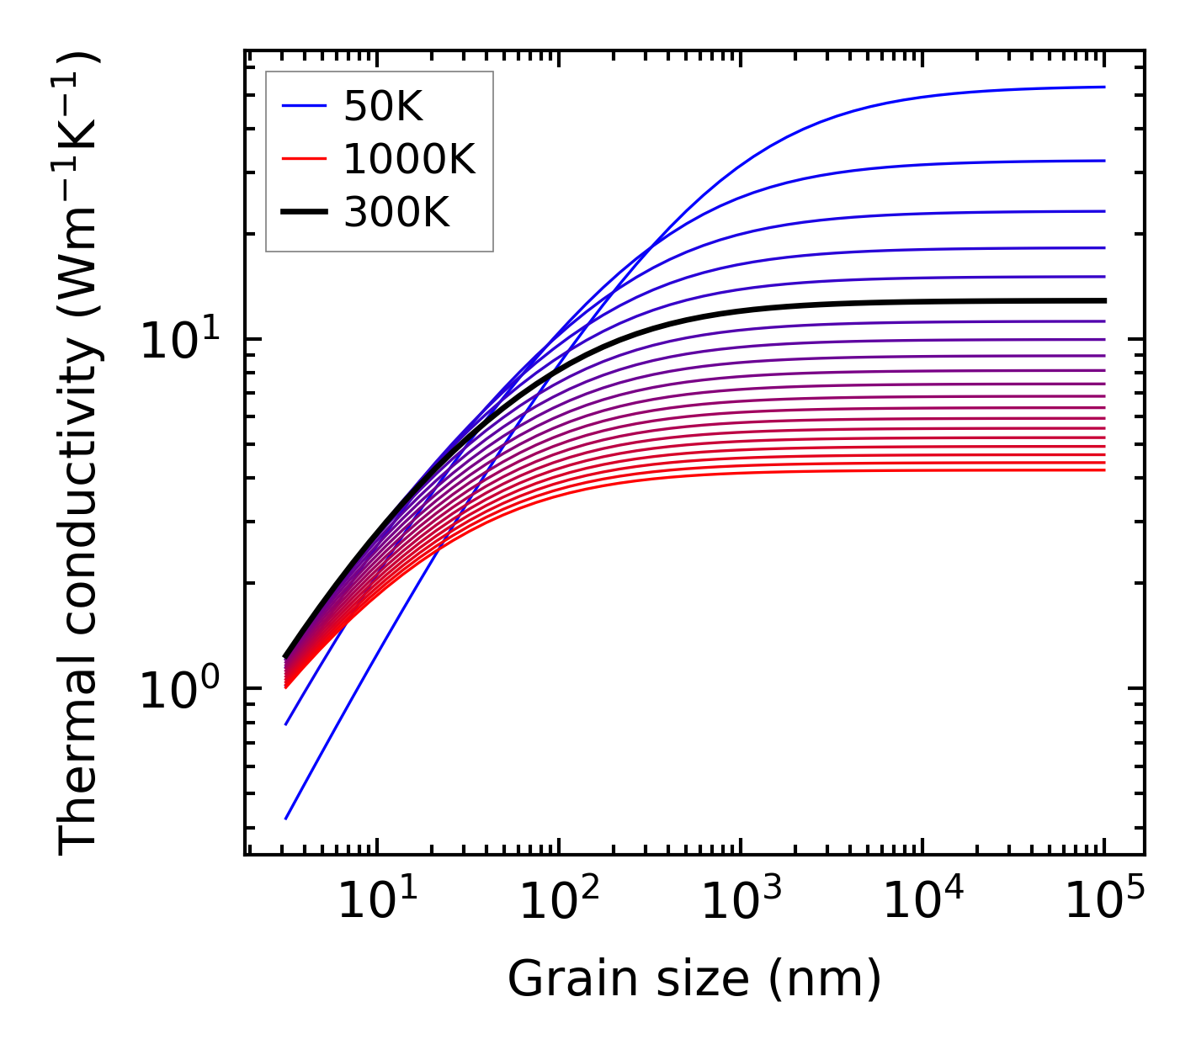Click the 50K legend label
(x=383, y=106)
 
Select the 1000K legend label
(x=409, y=159)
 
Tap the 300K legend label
(x=396, y=213)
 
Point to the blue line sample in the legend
(x=303, y=106)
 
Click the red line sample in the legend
(x=303, y=159)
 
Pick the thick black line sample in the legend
(x=303, y=213)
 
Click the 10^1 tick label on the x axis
(x=376, y=904)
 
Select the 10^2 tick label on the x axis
(x=558, y=904)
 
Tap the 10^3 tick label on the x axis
(x=740, y=904)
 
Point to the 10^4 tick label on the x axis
(x=922, y=904)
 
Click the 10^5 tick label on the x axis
(x=1104, y=904)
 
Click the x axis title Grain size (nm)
(x=694, y=979)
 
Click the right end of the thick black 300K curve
(x=1103, y=300)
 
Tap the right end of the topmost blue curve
(x=1103, y=87)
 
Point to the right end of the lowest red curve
(x=1103, y=469)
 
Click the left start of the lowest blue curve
(x=286, y=818)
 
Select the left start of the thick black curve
(x=286, y=656)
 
